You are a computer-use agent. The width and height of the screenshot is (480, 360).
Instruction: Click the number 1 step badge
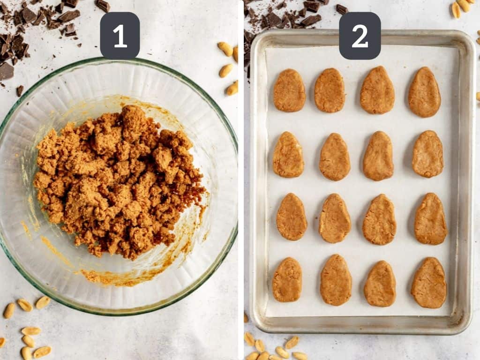pos(120,36)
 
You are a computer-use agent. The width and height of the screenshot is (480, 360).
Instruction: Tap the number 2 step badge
pos(360,36)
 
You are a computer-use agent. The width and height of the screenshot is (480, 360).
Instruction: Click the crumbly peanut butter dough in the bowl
pos(120,180)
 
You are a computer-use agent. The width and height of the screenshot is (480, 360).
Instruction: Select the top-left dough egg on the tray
pos(289,90)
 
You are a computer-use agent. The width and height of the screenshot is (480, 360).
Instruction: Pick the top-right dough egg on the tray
pos(424,92)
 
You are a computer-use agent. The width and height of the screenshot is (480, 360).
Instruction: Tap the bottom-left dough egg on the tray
pos(287,280)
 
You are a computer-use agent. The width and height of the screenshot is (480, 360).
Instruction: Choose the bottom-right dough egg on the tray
pos(429,283)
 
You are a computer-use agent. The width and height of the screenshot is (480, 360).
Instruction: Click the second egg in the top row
pos(330,90)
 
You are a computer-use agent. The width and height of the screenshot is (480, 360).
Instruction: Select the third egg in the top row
pos(377,90)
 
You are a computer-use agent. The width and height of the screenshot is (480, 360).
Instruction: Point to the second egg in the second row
pos(335,157)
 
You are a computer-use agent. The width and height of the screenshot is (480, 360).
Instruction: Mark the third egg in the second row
pos(378,156)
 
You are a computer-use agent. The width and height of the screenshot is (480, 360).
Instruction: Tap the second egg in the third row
pos(335,218)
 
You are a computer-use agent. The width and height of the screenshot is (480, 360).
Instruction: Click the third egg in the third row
pos(379,219)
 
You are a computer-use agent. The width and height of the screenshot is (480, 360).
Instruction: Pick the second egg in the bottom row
pos(336,280)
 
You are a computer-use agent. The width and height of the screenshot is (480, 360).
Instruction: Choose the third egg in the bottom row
pos(380,284)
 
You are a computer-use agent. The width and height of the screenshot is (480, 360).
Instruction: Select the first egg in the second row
pos(288,155)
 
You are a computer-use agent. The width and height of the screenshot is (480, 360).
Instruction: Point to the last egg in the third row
pos(430,219)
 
